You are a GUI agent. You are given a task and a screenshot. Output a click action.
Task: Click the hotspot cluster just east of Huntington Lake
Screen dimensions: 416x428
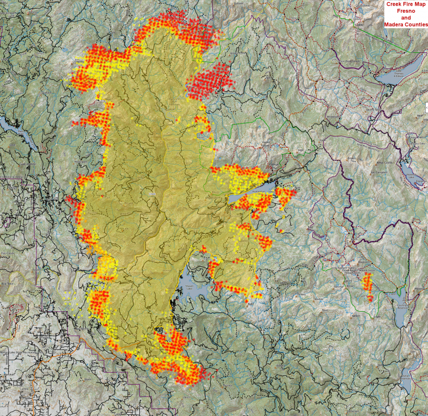click(285, 196)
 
